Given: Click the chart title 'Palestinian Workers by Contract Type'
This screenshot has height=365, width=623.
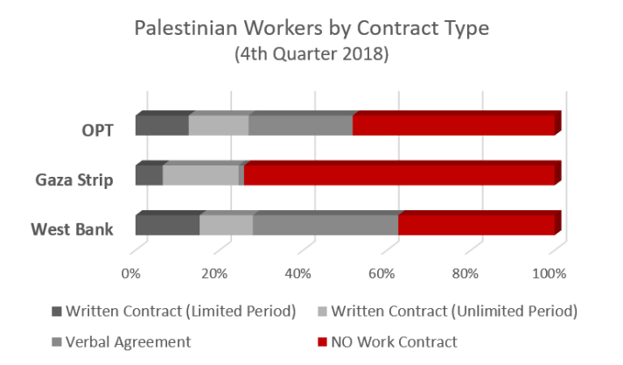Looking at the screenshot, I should point(311,28).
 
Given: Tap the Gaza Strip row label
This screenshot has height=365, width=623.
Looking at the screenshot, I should point(74,180).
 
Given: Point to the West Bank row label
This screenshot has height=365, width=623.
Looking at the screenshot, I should point(73,229).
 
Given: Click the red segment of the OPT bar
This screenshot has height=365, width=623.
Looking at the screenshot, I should point(453,125).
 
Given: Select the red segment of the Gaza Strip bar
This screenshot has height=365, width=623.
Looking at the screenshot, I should point(399,175).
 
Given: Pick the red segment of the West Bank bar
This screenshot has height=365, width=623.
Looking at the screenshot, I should point(476,225).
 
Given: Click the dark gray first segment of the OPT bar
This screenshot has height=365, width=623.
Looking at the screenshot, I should point(161,125).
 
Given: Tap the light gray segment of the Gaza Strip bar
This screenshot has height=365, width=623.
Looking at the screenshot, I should point(200,175).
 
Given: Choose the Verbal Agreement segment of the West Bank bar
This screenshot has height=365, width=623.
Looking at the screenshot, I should point(325,225).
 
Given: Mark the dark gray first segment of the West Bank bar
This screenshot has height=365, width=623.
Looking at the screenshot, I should point(166,225).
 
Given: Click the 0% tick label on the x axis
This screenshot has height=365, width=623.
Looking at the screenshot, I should point(131,273).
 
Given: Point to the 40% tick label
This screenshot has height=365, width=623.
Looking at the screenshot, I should point(298,273).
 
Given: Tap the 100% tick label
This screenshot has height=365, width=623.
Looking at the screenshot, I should point(550,273).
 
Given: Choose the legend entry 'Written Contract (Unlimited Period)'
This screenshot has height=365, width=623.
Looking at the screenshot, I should point(451,312).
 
